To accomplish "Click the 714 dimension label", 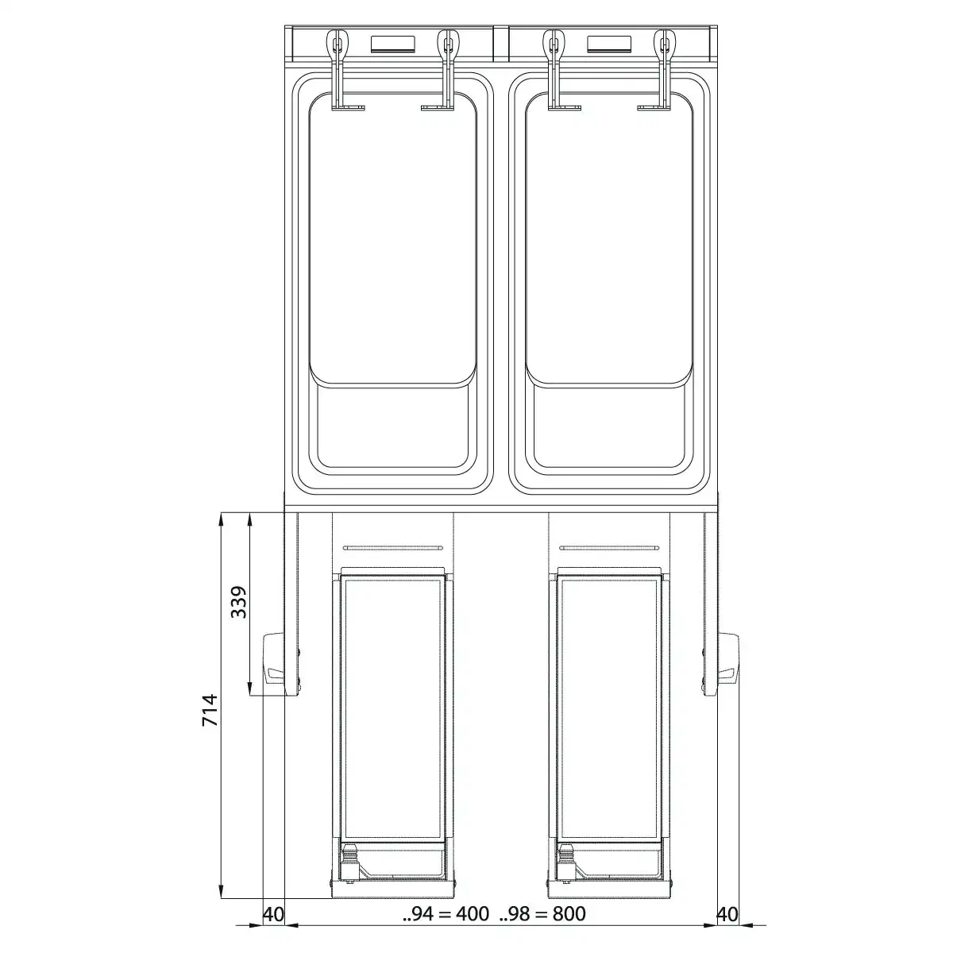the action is click(210, 710).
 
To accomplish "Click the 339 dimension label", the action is click(239, 602).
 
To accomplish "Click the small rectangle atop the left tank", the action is click(392, 44).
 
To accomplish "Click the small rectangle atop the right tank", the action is click(609, 44).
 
